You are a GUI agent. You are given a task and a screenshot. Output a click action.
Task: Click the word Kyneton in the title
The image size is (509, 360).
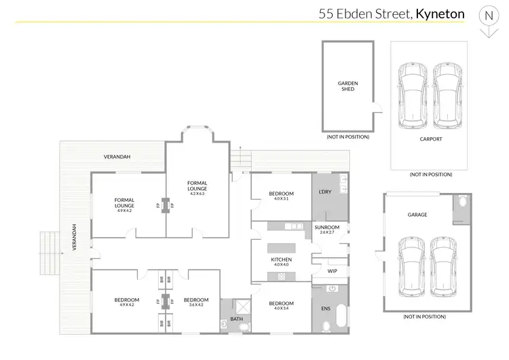click(x=440, y=13)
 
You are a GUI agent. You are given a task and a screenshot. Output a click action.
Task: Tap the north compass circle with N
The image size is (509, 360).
click(x=487, y=14)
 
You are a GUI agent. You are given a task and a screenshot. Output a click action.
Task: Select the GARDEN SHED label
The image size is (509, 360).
click(x=347, y=86)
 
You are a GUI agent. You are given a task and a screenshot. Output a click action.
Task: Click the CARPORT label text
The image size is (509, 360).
click(x=430, y=139)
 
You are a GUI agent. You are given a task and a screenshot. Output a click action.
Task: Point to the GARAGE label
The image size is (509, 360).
click(x=417, y=215)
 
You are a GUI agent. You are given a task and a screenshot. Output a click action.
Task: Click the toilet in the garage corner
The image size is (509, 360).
click(x=461, y=203)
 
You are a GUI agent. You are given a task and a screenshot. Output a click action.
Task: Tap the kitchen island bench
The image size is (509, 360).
click(x=281, y=249)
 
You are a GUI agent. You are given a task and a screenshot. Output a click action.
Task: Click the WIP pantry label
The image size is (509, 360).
click(x=333, y=271)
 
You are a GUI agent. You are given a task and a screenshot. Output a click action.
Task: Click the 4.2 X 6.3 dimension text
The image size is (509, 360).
click(x=197, y=194)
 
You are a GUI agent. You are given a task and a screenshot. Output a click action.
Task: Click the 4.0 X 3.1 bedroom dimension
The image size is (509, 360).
click(x=281, y=199)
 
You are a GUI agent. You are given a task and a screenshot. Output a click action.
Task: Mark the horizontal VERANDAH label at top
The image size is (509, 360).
click(x=117, y=157)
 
